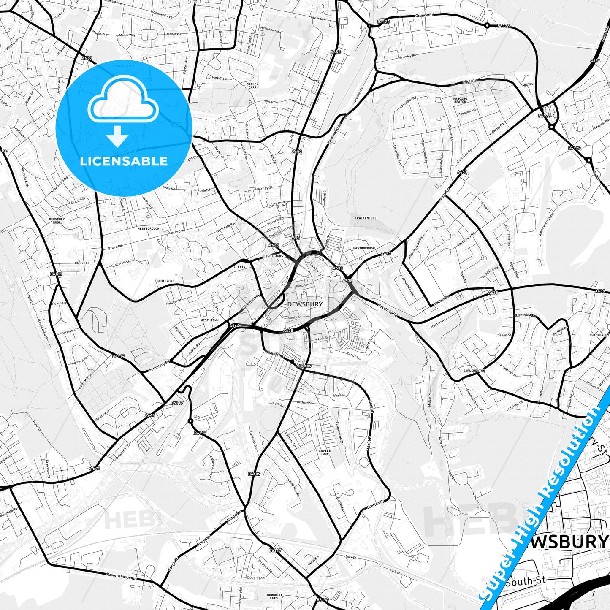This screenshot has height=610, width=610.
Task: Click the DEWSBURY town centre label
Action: pos(305,304)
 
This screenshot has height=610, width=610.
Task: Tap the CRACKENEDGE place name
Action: pos(366,218)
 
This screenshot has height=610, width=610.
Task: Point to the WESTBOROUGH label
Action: pos(149,229)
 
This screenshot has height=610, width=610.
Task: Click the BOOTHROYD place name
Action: pos(165,281)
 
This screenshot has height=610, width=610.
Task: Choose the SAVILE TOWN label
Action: pos(325,452)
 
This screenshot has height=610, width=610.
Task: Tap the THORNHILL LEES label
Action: pos(274,596)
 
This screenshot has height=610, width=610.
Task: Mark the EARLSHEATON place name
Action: pos(474,371)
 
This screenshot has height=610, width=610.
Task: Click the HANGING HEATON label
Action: pos(460,100)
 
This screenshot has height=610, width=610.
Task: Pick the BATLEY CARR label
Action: pos(252,86)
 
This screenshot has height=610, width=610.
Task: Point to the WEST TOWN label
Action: pos(210,320)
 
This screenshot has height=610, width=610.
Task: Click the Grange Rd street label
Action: pos(425,15)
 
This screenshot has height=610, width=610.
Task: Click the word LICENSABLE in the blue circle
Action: pos(124,161)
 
